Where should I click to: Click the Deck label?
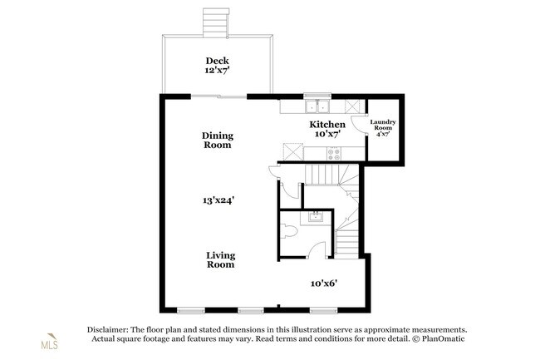[217, 61]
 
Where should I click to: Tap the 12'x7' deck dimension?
[217, 71]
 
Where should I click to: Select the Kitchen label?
[327, 125]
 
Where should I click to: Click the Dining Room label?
[218, 141]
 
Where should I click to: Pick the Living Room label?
[220, 260]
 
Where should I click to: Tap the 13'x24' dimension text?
[218, 200]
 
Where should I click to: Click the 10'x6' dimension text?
[324, 284]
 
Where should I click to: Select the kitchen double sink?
[317, 106]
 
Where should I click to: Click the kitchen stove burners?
[334, 154]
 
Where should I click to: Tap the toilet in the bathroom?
[288, 231]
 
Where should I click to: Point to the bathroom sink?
[315, 217]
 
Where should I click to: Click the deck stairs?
[216, 22]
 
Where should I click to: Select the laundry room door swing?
[358, 124]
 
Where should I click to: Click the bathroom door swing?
[317, 249]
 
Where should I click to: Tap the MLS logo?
[50, 342]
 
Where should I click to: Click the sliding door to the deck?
[218, 96]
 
